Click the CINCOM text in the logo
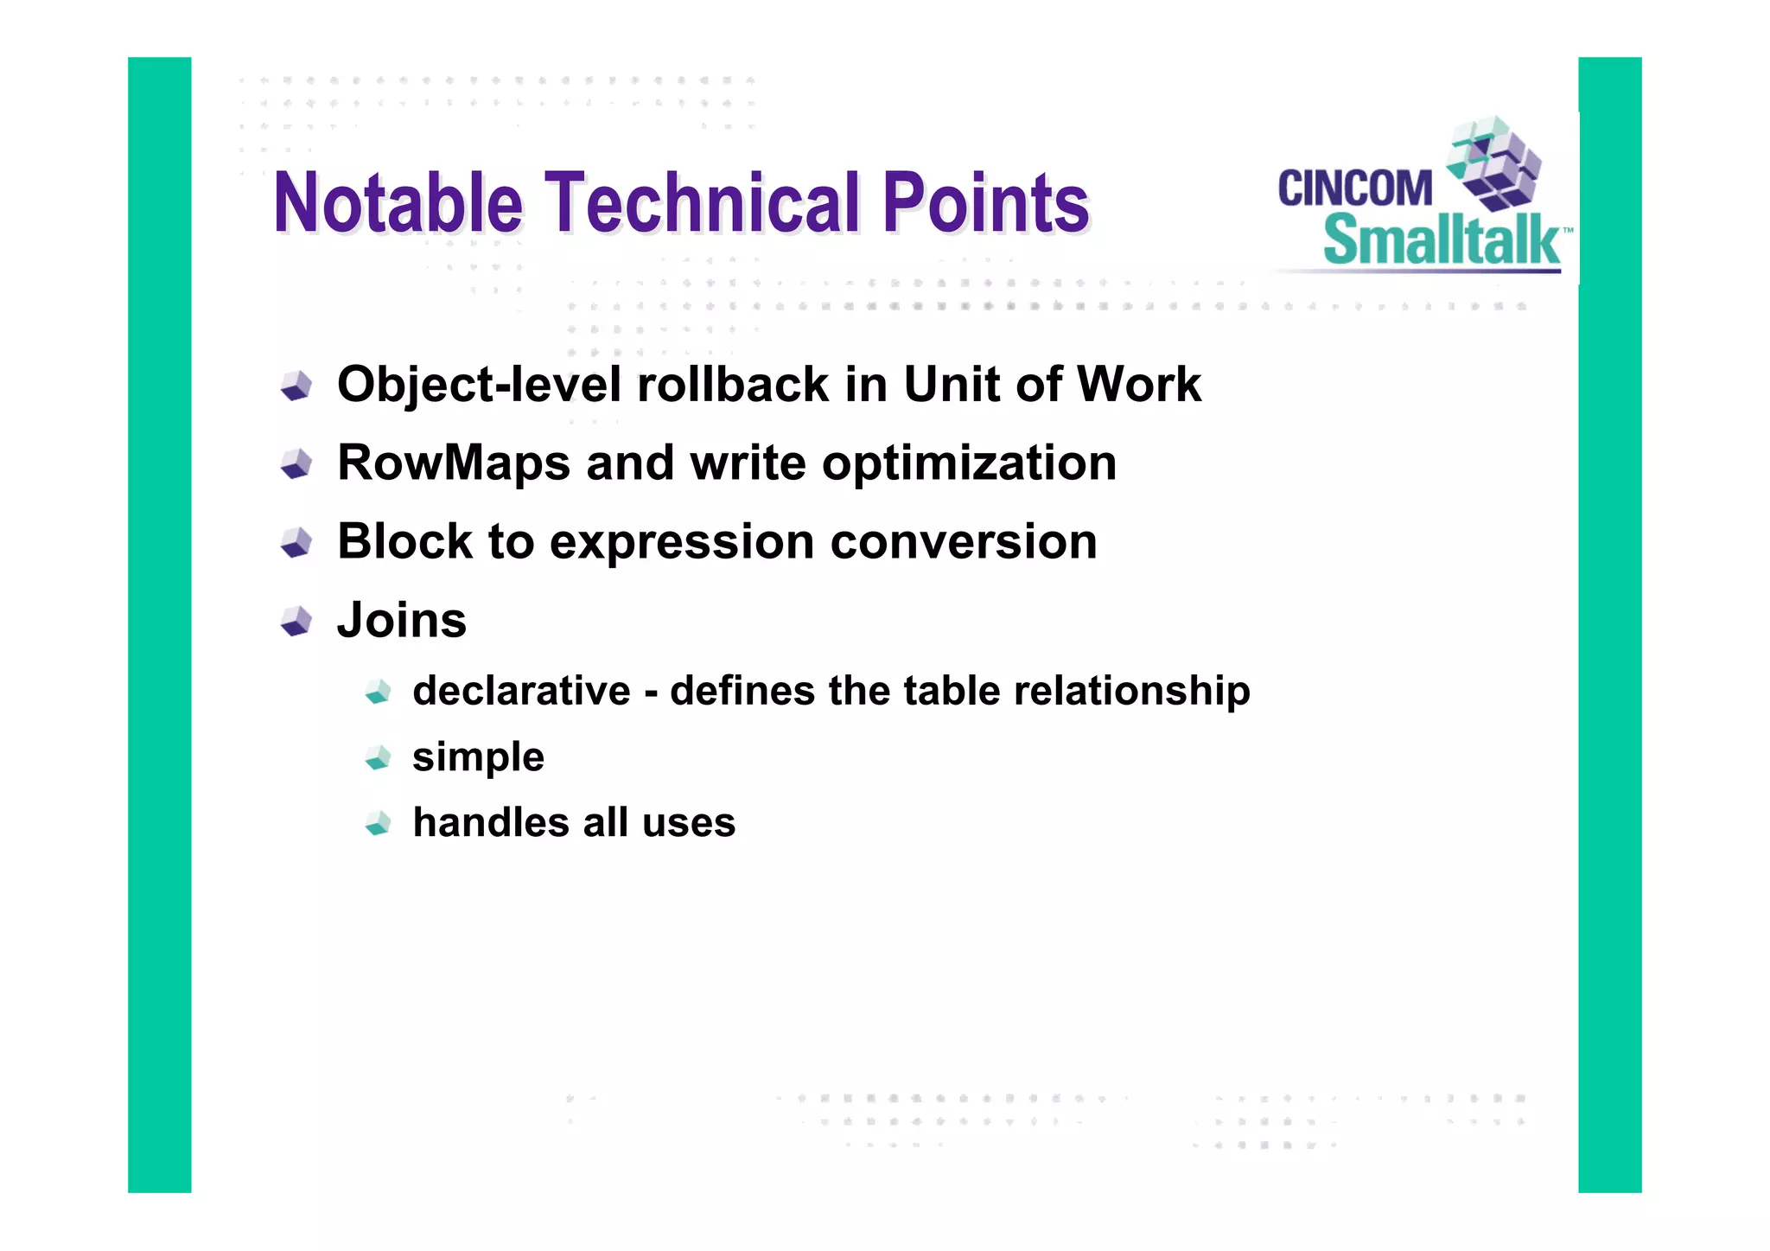(1354, 188)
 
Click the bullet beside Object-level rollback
(296, 386)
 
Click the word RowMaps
(454, 463)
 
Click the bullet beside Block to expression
(296, 543)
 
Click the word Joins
(402, 621)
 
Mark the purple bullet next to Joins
(296, 622)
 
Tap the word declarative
(521, 691)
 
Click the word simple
(478, 757)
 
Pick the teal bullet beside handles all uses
(378, 823)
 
